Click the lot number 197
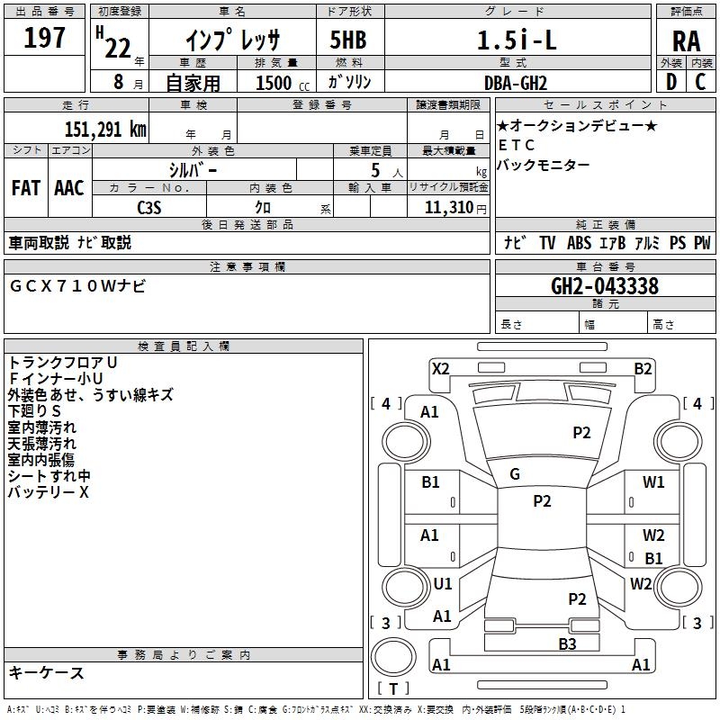[x=44, y=40]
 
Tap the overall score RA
[x=685, y=40]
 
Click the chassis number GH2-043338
[x=605, y=287]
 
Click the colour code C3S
[x=149, y=206]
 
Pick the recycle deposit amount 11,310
[x=449, y=207]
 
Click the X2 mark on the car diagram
[x=440, y=368]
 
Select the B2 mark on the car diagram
[x=643, y=368]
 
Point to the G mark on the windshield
[x=515, y=474]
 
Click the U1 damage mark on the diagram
[x=443, y=584]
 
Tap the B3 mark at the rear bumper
[x=567, y=643]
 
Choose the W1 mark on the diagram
[x=653, y=481]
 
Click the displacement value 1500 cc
[x=274, y=83]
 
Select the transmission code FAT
[x=25, y=187]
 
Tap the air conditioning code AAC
[x=68, y=187]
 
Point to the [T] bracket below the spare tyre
[x=393, y=689]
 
